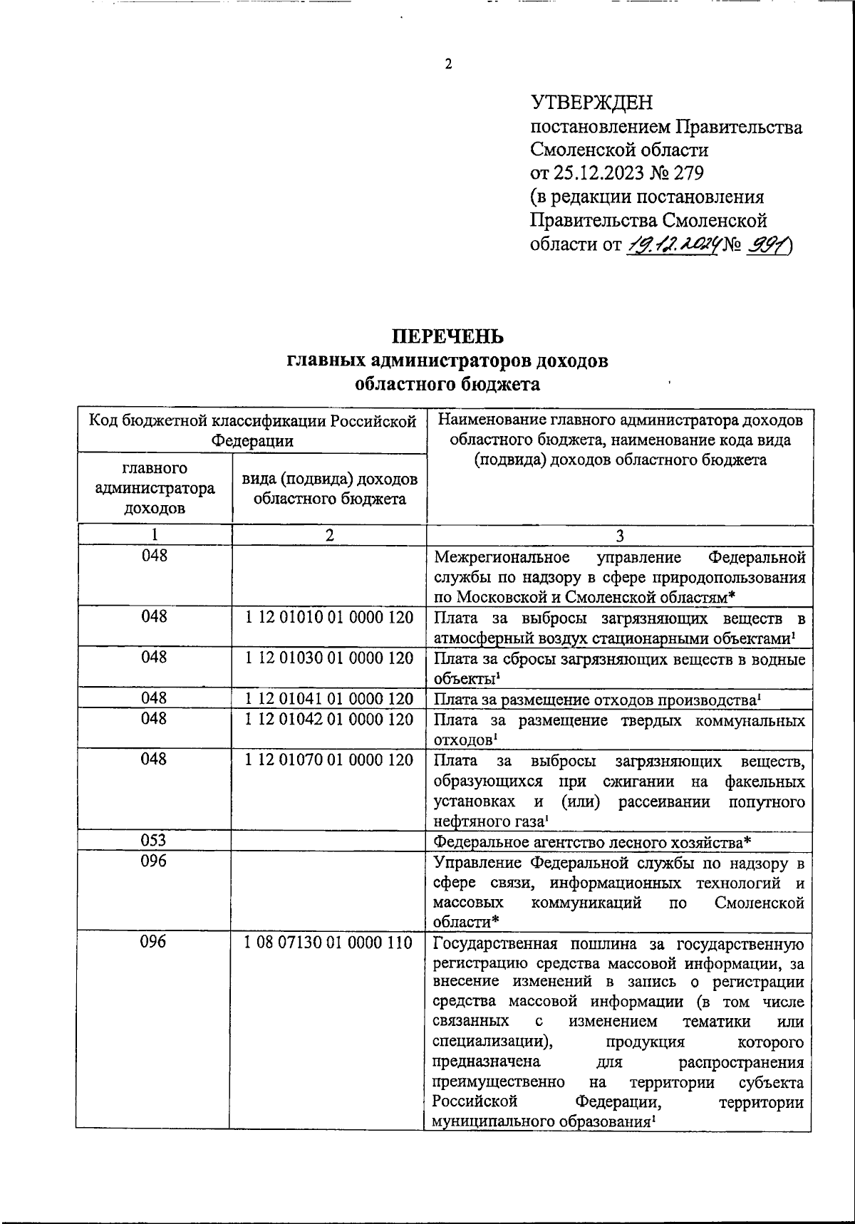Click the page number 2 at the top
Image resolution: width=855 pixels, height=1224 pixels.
448,65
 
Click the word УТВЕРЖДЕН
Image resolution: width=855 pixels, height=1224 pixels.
591,103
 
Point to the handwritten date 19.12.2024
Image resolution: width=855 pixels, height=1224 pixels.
671,245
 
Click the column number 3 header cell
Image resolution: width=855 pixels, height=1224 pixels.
619,536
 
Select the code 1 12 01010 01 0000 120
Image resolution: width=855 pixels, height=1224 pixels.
329,617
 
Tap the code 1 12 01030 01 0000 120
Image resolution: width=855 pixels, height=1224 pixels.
329,658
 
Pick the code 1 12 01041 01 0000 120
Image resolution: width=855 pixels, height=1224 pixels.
329,699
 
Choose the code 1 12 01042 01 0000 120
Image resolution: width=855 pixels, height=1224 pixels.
329,720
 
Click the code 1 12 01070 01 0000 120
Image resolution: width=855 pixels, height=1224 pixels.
329,760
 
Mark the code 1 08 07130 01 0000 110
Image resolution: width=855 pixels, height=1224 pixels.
328,943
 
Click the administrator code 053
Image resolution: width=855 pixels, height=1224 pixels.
154,841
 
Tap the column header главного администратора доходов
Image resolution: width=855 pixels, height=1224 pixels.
154,489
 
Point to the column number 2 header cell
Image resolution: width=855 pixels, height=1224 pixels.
329,536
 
